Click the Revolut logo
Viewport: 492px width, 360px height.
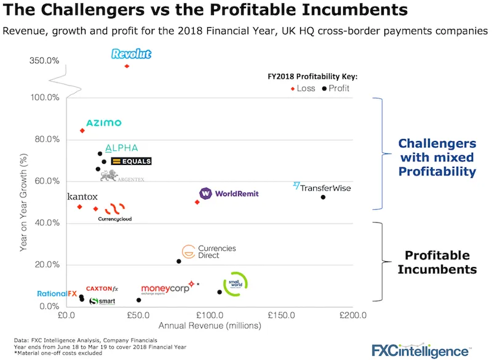(x=131, y=54)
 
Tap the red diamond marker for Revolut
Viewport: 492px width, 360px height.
(x=127, y=66)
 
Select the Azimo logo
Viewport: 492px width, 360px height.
(x=103, y=123)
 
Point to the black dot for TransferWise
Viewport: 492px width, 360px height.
(x=323, y=197)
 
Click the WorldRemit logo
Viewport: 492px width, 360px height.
(x=229, y=194)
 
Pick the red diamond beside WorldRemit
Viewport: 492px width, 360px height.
(x=197, y=202)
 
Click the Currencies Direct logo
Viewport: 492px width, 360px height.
(x=200, y=252)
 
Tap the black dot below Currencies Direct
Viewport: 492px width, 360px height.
(x=179, y=262)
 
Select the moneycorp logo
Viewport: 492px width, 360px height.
(x=164, y=289)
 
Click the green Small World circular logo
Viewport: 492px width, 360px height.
(x=235, y=284)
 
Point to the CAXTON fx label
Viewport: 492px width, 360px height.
(x=101, y=289)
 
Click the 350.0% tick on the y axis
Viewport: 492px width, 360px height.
(x=44, y=60)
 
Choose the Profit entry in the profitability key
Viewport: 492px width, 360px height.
(x=336, y=89)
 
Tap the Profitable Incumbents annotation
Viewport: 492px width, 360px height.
(x=437, y=262)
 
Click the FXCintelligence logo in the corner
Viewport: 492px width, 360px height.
(x=424, y=350)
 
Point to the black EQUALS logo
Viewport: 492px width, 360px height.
(x=131, y=161)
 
